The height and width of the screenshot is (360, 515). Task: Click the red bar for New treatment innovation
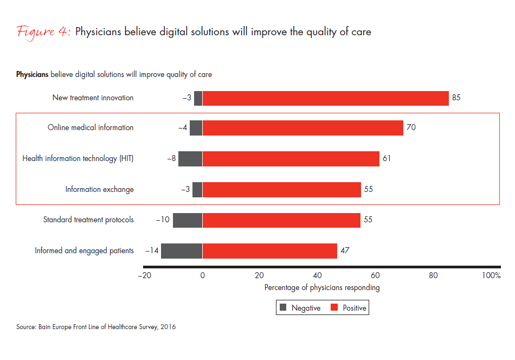tap(325, 98)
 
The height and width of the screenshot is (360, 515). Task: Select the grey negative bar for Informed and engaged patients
tap(182, 251)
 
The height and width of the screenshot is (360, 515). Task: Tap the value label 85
tap(456, 98)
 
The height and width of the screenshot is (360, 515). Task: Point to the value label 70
tap(410, 128)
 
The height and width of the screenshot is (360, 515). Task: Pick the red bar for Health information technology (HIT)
tap(291, 159)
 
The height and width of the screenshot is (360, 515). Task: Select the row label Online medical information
tap(91, 128)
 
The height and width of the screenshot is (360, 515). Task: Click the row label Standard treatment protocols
tap(88, 220)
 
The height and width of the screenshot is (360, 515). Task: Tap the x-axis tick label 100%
tap(491, 275)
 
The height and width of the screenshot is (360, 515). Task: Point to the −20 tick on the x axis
tap(144, 275)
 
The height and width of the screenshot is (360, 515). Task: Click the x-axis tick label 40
tap(318, 275)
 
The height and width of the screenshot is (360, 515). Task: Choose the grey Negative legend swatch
tap(282, 308)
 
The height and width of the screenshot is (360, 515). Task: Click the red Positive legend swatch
tap(334, 308)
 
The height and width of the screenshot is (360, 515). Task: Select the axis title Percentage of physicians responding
tap(322, 288)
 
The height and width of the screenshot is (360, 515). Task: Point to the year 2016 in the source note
tap(169, 327)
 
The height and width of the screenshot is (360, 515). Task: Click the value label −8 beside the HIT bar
tap(172, 159)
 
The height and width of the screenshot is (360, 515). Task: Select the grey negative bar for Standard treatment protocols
tap(188, 220)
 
